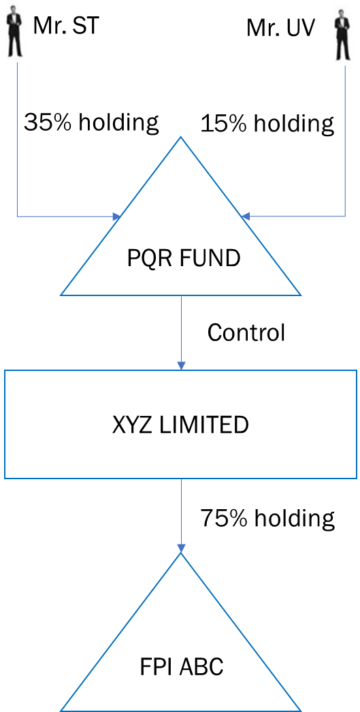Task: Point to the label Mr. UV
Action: (280, 29)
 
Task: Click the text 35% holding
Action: (91, 123)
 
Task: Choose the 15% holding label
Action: (267, 123)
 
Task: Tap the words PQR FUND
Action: (184, 259)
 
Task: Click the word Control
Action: (246, 333)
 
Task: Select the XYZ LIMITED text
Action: (181, 425)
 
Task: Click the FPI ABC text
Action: (181, 668)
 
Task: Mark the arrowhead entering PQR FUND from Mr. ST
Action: (116, 216)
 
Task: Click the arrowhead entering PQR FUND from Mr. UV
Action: (246, 216)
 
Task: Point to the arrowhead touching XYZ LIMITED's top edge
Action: (181, 366)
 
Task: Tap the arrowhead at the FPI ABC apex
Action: (181, 549)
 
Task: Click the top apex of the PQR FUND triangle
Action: (181, 137)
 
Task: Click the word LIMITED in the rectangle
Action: (208, 425)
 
